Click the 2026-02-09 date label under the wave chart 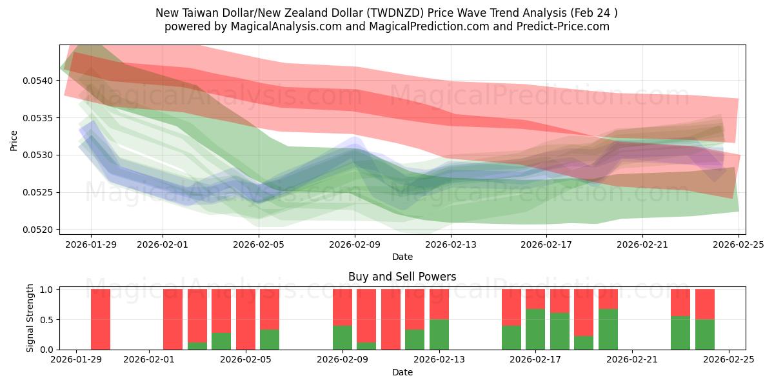[355, 245]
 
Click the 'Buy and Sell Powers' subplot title [402, 277]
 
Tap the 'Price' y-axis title [14, 140]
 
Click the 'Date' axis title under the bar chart [402, 372]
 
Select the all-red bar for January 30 [101, 319]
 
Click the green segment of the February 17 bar [535, 329]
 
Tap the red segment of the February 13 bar [439, 304]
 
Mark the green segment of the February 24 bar [705, 334]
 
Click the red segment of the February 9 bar [342, 307]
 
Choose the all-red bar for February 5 [246, 319]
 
